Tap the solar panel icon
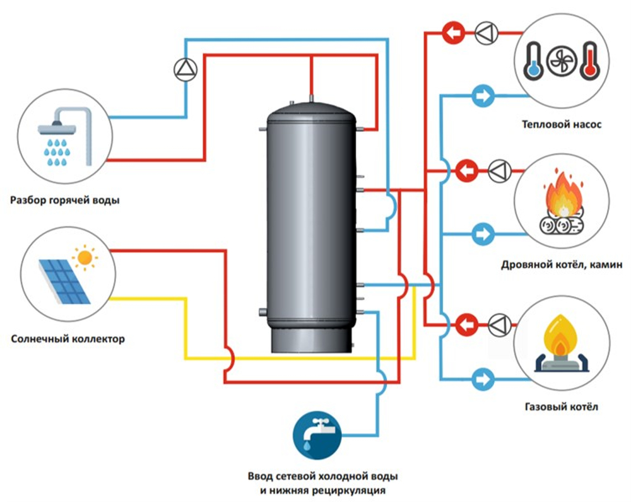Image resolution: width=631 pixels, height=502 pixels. [x=63, y=277]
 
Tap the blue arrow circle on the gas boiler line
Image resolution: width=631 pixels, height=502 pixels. [x=483, y=378]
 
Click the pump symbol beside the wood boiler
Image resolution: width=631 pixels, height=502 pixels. [x=498, y=170]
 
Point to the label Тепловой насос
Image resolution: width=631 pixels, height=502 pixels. [x=562, y=124]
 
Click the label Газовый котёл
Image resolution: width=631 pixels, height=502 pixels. [x=561, y=407]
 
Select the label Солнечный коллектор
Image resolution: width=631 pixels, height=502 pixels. [x=68, y=339]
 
